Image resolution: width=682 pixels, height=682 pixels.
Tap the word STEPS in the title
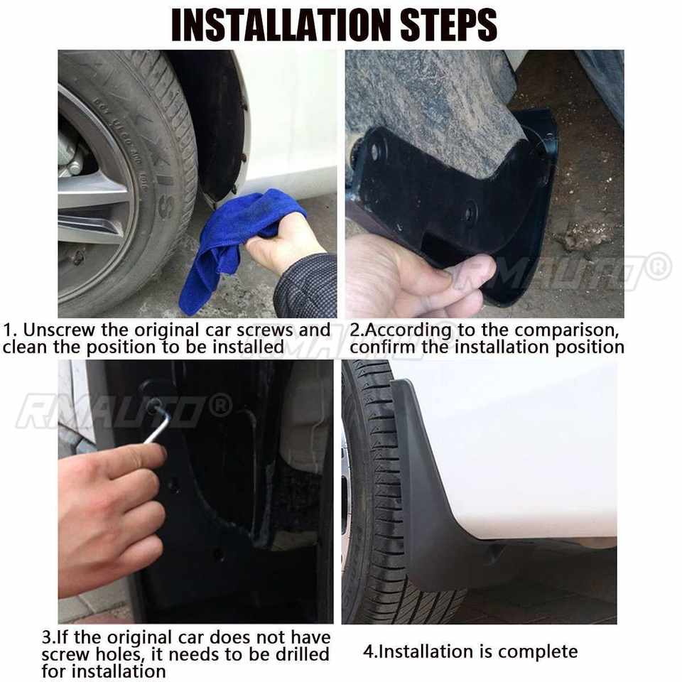(449, 26)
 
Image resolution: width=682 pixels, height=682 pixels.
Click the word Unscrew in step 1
(59, 330)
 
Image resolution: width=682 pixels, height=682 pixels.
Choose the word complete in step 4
(538, 651)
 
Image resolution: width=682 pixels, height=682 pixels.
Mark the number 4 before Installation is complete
(369, 651)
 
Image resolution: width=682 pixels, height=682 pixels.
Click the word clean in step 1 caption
(26, 347)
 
